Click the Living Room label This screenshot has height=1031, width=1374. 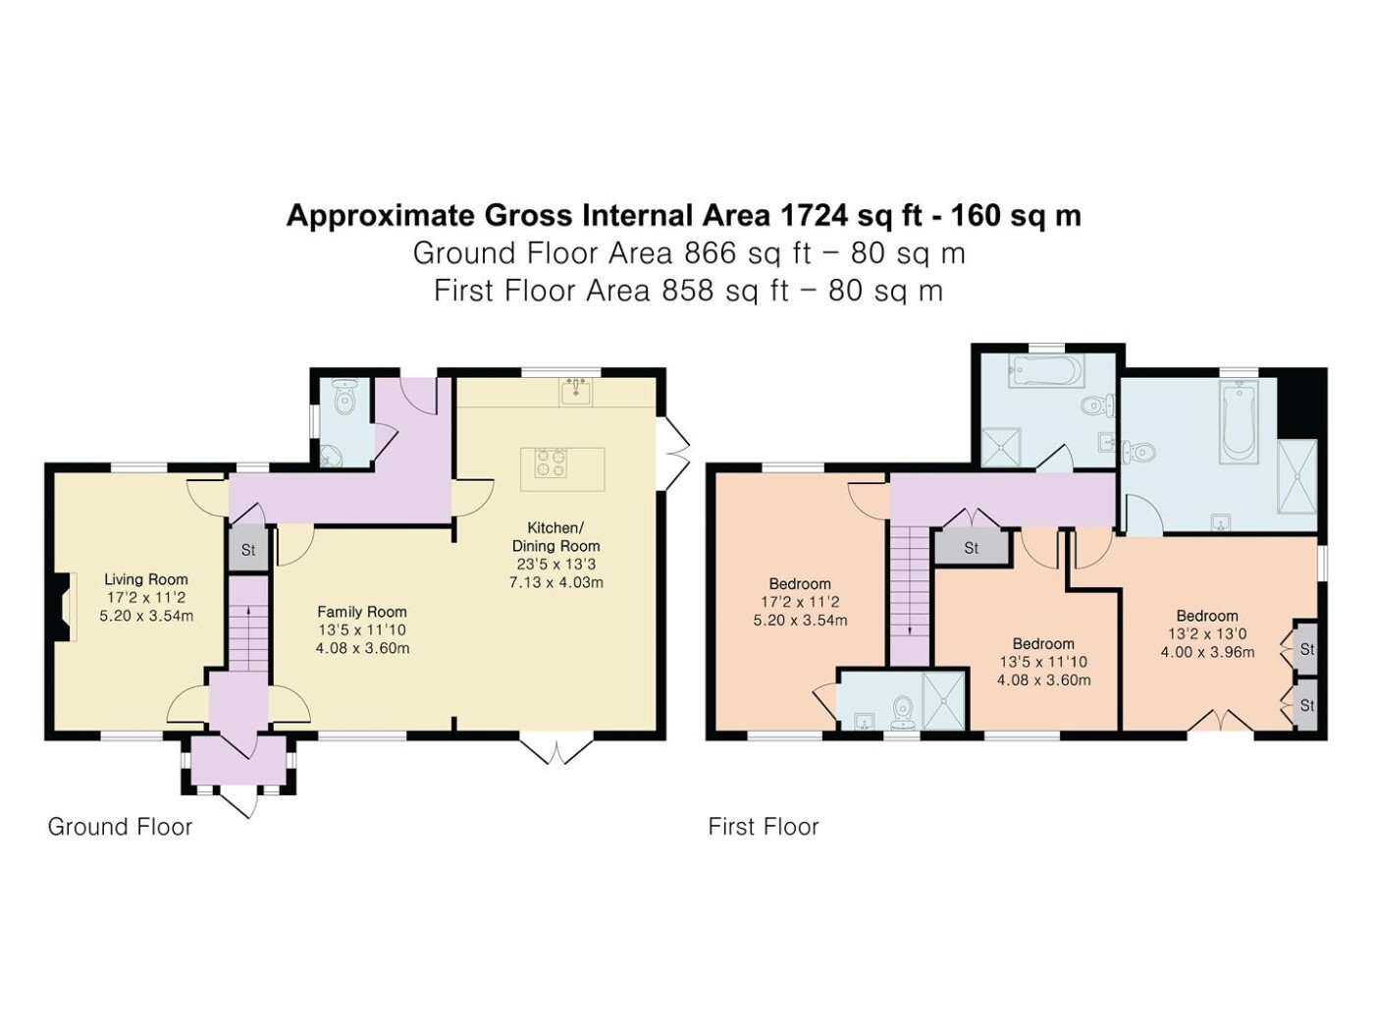[146, 579]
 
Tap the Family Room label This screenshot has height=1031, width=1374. [362, 612]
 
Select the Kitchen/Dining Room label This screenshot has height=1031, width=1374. [555, 536]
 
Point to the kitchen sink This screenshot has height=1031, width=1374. [576, 392]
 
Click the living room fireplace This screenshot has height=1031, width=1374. [64, 607]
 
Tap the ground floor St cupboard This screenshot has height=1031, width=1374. [248, 550]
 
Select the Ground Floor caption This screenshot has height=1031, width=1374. [120, 827]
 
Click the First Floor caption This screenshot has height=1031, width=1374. [763, 827]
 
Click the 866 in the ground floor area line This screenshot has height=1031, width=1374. [707, 253]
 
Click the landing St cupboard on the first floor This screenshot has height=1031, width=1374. [971, 548]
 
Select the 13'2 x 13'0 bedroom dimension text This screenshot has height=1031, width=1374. [1207, 633]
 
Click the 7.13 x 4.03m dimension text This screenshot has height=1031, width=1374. [555, 583]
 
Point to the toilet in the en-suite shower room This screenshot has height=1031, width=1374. [902, 710]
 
